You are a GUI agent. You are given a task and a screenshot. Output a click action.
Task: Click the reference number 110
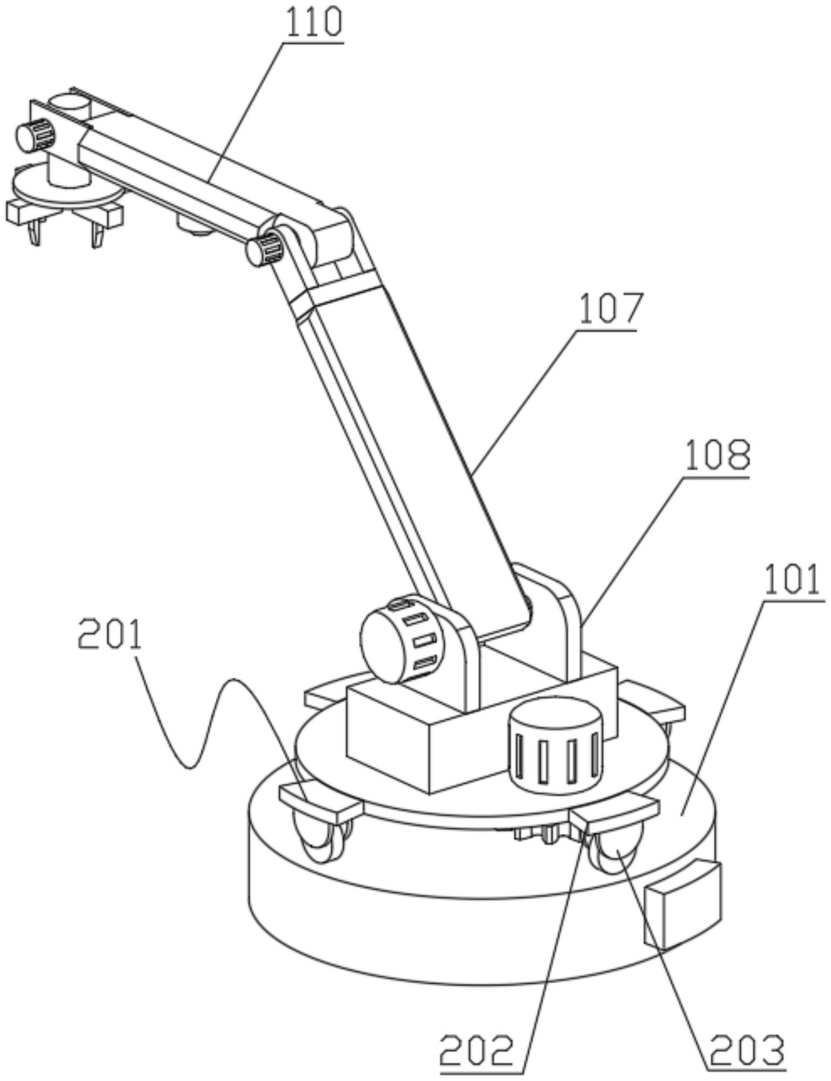coord(314,23)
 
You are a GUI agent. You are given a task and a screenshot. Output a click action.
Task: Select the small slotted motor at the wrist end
coord(35,134)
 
